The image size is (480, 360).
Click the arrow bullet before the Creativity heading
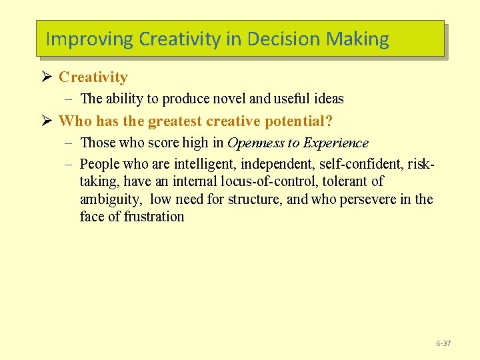click(x=47, y=77)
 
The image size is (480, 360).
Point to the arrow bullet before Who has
click(x=47, y=121)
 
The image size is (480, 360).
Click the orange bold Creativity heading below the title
click(x=93, y=77)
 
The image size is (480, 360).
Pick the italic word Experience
click(x=335, y=143)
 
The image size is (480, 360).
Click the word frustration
click(x=154, y=217)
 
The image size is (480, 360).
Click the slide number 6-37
click(x=443, y=343)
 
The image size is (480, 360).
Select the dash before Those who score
click(x=69, y=143)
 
